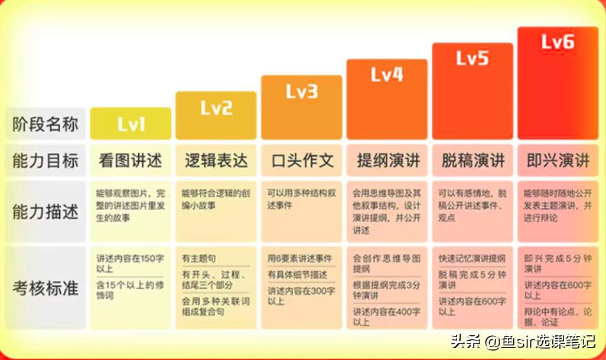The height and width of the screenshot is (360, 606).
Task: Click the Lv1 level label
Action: point(131,125)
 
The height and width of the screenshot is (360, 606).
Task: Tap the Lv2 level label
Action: point(216,108)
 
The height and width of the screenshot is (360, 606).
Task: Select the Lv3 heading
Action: point(301,91)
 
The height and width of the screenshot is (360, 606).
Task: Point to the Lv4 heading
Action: point(387,75)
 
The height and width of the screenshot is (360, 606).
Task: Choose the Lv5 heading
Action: point(472,58)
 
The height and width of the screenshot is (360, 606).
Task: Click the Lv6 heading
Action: point(558,42)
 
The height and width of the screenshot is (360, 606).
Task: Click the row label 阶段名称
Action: point(45,125)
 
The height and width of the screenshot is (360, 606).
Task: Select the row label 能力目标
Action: point(45,160)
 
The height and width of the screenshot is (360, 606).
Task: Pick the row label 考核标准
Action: point(45,289)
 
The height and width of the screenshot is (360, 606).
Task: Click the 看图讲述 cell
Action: point(131,160)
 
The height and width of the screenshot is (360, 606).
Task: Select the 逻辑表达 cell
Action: point(216,160)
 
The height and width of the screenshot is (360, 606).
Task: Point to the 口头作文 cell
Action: point(301,160)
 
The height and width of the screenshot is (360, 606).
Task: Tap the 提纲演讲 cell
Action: point(387,160)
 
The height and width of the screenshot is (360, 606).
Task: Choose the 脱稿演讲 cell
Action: point(472,160)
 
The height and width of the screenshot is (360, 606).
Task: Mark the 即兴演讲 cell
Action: point(558,160)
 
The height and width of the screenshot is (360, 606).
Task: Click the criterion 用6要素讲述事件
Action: point(299,258)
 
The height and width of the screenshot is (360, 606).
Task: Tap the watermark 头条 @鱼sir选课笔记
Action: point(523,341)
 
